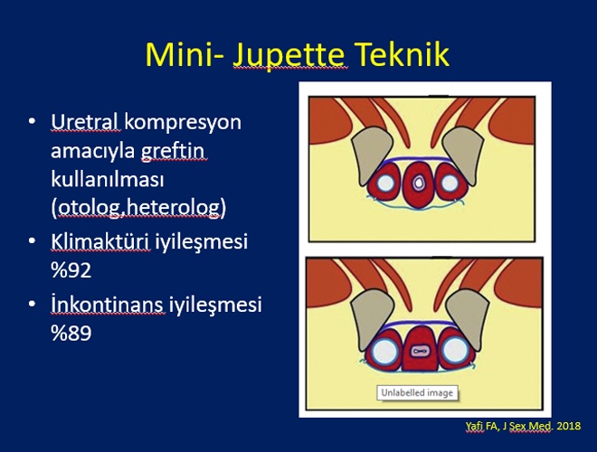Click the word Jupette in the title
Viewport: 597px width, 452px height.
[289, 55]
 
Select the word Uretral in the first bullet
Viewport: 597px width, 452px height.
[84, 122]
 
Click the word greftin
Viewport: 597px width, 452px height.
[174, 151]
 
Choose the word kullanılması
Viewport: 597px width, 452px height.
[107, 179]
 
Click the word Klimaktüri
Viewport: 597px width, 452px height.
[100, 241]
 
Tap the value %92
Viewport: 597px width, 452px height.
[71, 270]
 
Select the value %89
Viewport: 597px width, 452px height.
[71, 333]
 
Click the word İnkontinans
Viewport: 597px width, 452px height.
[107, 305]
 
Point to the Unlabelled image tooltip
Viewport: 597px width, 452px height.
[417, 392]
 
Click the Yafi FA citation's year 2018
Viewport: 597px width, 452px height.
[568, 426]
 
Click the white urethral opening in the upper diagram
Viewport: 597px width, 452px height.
[419, 183]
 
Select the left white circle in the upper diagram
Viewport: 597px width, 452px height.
[385, 183]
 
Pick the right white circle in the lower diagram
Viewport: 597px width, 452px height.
[455, 351]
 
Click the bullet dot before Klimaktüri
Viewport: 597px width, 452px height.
[32, 241]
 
